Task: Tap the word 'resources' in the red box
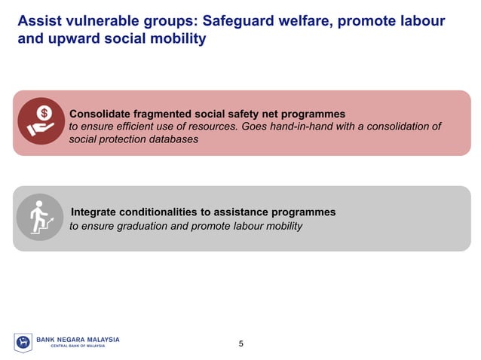(209, 127)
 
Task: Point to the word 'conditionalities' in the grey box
(164, 212)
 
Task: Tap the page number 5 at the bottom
(240, 344)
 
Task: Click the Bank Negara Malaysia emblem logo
(23, 343)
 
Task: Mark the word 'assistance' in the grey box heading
(250, 212)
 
